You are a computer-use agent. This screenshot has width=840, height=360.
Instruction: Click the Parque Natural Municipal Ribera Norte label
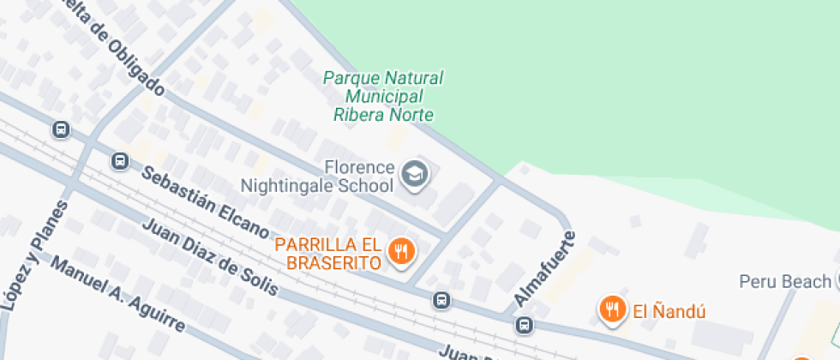383,96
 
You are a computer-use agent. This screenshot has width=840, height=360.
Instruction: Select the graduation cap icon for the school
416,175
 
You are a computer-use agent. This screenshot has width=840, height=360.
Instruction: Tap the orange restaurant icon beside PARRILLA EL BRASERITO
401,252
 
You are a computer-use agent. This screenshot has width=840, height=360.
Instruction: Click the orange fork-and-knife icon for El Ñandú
610,309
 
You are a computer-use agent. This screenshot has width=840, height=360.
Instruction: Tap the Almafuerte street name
543,267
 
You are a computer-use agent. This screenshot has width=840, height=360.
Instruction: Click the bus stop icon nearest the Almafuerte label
524,325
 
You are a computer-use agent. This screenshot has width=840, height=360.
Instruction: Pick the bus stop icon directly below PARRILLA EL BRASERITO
441,300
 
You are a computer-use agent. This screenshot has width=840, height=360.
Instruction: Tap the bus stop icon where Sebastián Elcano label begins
120,160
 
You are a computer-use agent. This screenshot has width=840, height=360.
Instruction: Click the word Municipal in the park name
383,96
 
